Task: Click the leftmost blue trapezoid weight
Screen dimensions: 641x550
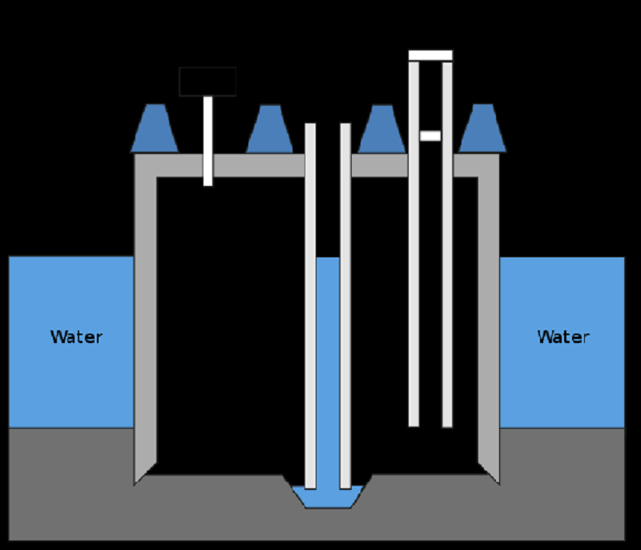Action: pos(155,128)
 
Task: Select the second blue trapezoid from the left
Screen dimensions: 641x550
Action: pos(270,129)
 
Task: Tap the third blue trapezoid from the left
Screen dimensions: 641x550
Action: pos(382,129)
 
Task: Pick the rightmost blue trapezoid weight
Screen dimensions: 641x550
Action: pos(483,128)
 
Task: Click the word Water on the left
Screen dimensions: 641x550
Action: pos(76,337)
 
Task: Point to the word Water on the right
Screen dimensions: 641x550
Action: pos(563,337)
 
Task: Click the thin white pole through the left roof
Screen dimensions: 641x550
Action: pos(208,141)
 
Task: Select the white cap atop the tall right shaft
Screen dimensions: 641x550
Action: pos(430,55)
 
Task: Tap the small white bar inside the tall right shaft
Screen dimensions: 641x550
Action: pos(430,135)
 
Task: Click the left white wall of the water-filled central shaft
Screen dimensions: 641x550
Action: pos(310,306)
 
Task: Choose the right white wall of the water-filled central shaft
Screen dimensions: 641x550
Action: pos(345,306)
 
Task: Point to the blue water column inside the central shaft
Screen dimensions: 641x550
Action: pos(328,372)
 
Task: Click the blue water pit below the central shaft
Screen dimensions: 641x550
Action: pos(328,497)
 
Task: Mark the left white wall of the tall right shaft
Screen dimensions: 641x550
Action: pos(413,244)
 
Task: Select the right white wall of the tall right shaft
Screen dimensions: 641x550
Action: pos(447,245)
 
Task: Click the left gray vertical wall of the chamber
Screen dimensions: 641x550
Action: pos(145,319)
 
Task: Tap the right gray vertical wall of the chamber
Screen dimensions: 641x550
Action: pos(489,319)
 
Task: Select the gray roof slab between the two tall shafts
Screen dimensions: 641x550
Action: pos(380,166)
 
